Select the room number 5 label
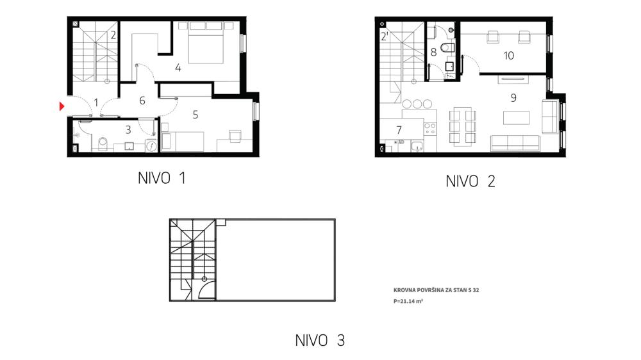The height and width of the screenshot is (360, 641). coord(196,115)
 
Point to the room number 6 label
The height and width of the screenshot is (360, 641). coord(142,101)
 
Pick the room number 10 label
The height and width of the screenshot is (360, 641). coord(508,56)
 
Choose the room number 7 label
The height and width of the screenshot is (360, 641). coord(399,130)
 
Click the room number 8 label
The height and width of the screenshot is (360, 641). coord(433,53)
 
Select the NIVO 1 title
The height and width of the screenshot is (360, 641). coord(162,178)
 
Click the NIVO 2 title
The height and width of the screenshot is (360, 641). coord(470,181)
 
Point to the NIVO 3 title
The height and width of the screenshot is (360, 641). coord(320,340)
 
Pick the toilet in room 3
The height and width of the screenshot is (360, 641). coord(103,143)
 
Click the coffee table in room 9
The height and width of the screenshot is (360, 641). coord(517,118)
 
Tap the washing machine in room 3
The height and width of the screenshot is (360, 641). coord(151,146)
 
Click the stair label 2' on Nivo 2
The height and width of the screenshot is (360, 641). coord(385,37)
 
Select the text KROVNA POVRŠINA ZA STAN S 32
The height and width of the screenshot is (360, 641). coord(436,290)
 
